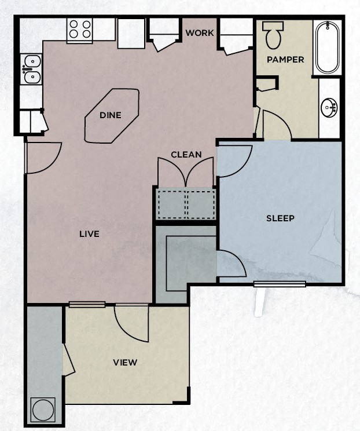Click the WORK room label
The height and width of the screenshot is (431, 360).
coord(200,33)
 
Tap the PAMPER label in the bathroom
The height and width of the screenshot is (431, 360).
coord(285,60)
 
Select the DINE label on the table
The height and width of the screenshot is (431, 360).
coord(111,115)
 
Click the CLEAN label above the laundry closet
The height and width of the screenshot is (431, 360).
coord(186,155)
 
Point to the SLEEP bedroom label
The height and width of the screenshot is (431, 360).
coord(280,218)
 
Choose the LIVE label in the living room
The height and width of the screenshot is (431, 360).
coord(90,234)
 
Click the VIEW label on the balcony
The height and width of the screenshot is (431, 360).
coord(125,363)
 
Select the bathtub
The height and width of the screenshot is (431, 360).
coord(328,47)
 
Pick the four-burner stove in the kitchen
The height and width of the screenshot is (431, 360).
coord(80,30)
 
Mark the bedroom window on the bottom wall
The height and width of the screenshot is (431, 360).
coord(280,283)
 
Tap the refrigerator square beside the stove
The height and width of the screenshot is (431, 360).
coord(131,34)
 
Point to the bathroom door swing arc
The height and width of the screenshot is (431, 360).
coord(277,125)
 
